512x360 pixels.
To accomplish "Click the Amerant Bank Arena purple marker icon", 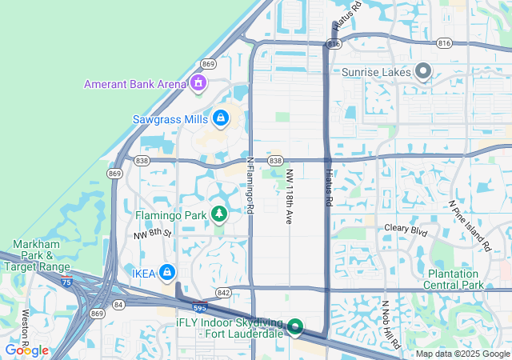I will click(x=198, y=83).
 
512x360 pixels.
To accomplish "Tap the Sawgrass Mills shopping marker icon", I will click(x=220, y=119).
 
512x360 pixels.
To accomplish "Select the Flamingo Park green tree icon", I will click(x=218, y=214).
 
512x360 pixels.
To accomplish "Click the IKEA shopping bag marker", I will click(x=166, y=273).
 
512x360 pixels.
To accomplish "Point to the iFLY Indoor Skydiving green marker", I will click(x=294, y=327).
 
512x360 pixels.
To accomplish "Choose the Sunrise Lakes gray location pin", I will click(x=424, y=72).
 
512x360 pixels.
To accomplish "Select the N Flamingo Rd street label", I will click(x=250, y=185).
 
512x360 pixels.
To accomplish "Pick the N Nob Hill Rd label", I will click(x=390, y=325).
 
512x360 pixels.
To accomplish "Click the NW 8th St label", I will click(x=153, y=234).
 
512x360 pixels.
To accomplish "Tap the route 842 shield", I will click(x=223, y=293).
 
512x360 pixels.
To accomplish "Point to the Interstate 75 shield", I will click(x=65, y=282).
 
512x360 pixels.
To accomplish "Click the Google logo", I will click(x=26, y=350).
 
